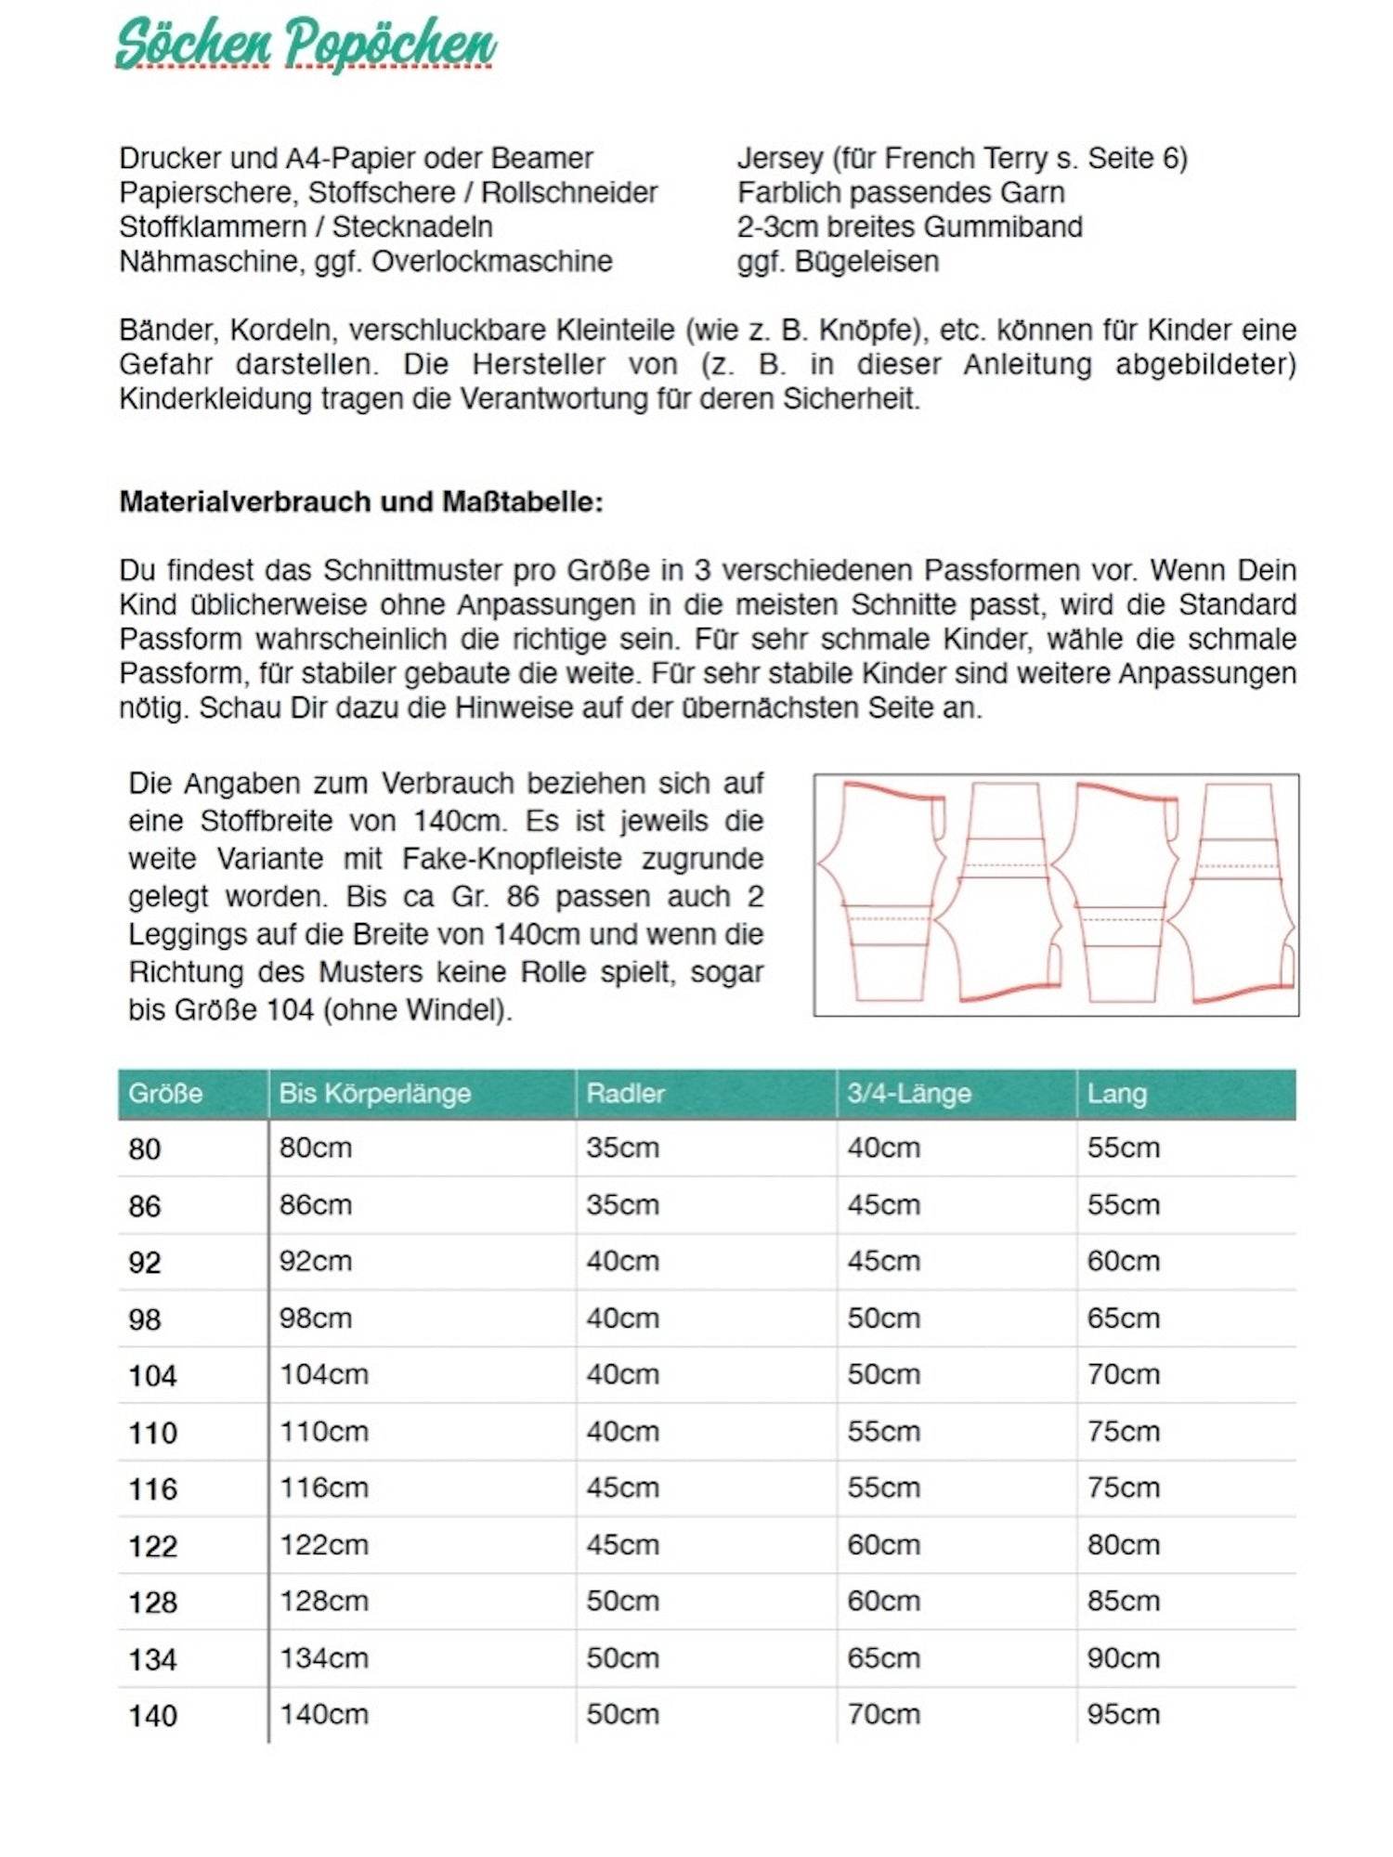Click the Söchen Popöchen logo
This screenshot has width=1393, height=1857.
coord(306,44)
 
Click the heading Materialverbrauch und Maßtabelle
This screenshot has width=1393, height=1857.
coord(361,502)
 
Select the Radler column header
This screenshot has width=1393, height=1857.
coord(625,1093)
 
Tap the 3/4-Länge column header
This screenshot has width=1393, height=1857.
coord(908,1093)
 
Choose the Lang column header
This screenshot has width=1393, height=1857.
coord(1116,1093)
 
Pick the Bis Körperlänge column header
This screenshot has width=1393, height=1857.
coord(374,1093)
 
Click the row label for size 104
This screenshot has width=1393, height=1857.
coord(152,1375)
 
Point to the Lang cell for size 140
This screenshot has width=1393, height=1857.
coord(1123,1714)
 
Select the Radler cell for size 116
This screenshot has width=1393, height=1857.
coord(622,1487)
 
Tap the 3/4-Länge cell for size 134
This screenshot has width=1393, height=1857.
coord(883,1657)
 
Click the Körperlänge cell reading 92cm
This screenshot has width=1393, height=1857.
coord(315,1261)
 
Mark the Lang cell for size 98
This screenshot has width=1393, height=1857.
coord(1123,1318)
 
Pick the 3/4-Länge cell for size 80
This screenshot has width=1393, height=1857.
coord(883,1148)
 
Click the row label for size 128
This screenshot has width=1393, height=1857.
coord(152,1602)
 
